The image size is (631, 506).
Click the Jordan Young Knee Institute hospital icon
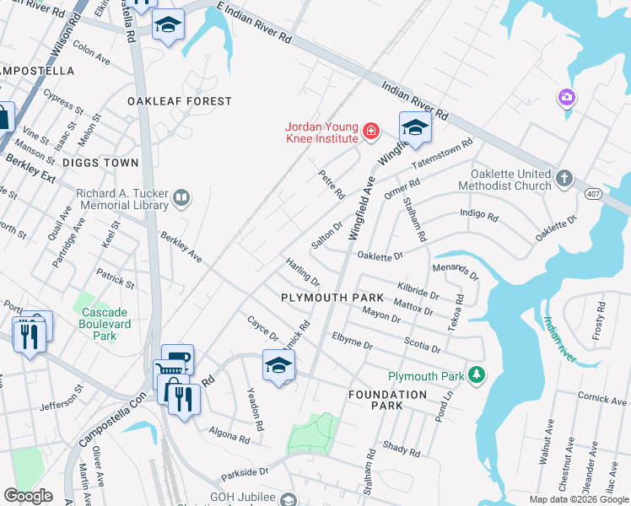[370, 131]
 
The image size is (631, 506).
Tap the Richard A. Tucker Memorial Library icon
[181, 198]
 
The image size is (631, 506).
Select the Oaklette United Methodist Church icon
[564, 179]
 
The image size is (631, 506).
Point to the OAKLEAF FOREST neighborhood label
[179, 101]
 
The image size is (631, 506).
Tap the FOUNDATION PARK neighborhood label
[388, 400]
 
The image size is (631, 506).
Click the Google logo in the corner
[29, 496]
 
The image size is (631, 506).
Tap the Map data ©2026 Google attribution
[579, 499]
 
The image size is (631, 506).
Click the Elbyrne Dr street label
[352, 341]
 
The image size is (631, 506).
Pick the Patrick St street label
[115, 278]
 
